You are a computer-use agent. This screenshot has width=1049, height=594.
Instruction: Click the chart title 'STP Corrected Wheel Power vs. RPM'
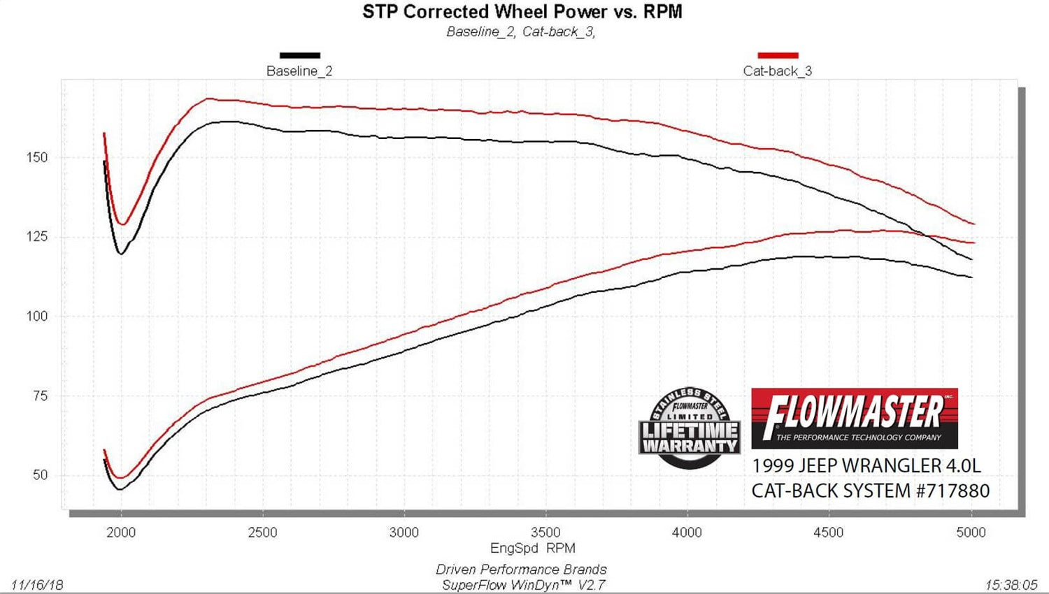pyautogui.click(x=522, y=12)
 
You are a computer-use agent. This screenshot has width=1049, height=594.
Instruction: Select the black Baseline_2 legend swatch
pyautogui.click(x=299, y=55)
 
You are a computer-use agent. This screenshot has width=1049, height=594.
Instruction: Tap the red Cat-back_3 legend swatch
pyautogui.click(x=778, y=55)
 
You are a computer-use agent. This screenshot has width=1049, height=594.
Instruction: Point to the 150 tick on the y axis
pyautogui.click(x=37, y=158)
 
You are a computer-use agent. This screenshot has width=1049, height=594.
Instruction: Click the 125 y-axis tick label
pyautogui.click(x=37, y=237)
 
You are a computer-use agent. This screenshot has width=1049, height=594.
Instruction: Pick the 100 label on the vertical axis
pyautogui.click(x=37, y=317)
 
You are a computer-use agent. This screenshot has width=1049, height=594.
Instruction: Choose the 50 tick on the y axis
pyautogui.click(x=40, y=475)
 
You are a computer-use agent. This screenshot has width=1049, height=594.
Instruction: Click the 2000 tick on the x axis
pyautogui.click(x=121, y=533)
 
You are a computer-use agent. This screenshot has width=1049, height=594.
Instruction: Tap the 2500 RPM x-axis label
pyautogui.click(x=262, y=533)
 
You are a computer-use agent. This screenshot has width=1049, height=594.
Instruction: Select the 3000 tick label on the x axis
pyautogui.click(x=404, y=533)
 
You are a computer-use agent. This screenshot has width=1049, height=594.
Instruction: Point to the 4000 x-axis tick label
pyautogui.click(x=687, y=533)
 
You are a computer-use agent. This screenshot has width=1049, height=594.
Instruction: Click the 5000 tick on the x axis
pyautogui.click(x=971, y=533)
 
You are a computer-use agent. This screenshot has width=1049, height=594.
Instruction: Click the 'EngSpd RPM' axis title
pyautogui.click(x=532, y=549)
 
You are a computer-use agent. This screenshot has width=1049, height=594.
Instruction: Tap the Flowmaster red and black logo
pyautogui.click(x=854, y=418)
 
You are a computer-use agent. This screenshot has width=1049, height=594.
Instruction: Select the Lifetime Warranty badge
pyautogui.click(x=690, y=428)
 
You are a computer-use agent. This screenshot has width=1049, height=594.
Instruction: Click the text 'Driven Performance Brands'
pyautogui.click(x=521, y=570)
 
